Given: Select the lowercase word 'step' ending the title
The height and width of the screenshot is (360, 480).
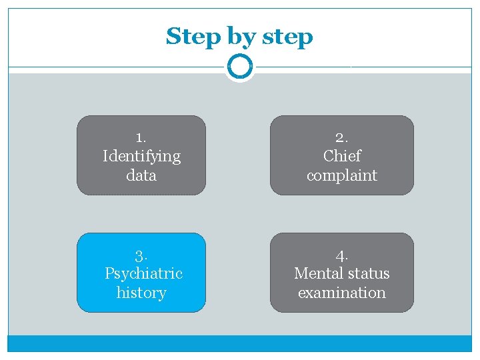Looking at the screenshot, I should click(288, 37).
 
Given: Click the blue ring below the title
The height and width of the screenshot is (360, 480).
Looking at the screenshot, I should click(240, 67).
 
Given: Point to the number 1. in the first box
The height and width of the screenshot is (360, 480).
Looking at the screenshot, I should click(141, 137).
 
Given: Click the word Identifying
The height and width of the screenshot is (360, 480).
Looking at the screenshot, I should click(141, 157).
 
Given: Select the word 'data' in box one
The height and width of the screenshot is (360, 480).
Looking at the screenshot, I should click(141, 175).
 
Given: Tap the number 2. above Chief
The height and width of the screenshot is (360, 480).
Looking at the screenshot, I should click(341, 137).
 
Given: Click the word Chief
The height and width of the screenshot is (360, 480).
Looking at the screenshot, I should click(341, 156).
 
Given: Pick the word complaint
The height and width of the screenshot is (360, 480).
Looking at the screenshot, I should click(341, 176).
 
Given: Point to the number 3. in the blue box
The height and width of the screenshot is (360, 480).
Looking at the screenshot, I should click(141, 255).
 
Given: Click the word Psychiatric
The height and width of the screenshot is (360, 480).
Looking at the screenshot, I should click(143, 273).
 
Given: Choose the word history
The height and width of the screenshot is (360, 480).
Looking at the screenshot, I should click(141, 293).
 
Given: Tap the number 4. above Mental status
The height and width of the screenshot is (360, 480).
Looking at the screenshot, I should click(341, 255).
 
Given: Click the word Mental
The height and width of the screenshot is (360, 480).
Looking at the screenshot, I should click(317, 273).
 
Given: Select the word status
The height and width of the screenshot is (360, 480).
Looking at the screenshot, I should click(368, 273).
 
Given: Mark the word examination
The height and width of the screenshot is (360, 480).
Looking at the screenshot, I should click(341, 293).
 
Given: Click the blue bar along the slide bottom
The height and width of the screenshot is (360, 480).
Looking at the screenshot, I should click(240, 343).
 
